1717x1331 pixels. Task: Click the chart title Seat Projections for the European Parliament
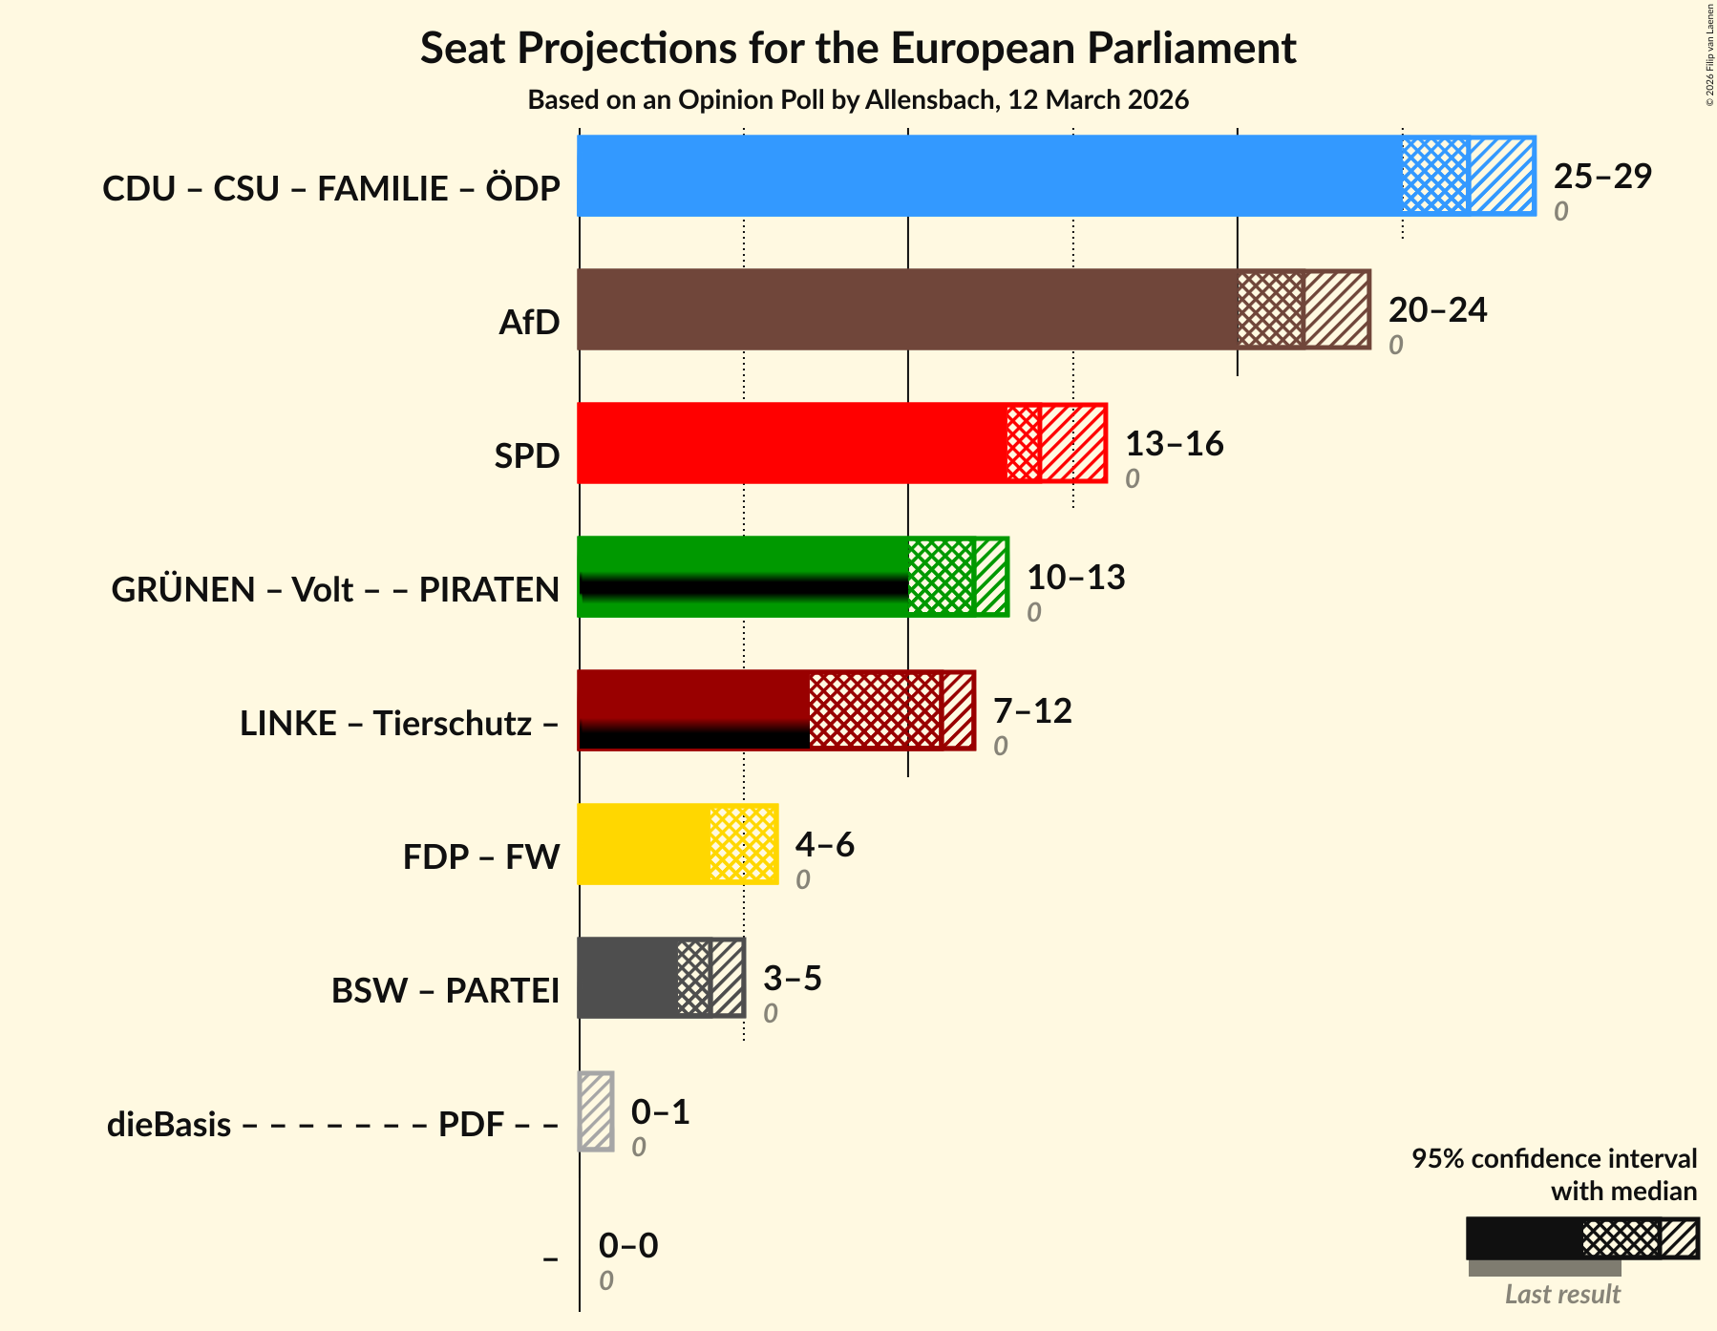(858, 48)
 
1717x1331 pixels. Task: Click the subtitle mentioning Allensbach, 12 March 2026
(858, 100)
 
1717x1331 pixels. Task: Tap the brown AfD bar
(907, 309)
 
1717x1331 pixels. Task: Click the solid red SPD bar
(793, 443)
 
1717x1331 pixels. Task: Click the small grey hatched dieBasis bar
(596, 1111)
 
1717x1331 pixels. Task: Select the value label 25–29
(1602, 176)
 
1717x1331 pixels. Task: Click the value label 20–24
(1437, 309)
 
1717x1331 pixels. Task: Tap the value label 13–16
(1174, 443)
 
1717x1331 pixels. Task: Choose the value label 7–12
(1032, 710)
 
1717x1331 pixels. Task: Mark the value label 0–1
(660, 1111)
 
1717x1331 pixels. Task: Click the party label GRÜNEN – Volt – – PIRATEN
(335, 589)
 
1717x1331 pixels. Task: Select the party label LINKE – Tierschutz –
(399, 723)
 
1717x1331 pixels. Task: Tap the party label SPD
(526, 455)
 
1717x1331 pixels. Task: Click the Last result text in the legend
(1562, 1294)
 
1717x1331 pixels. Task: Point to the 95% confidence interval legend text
(1554, 1174)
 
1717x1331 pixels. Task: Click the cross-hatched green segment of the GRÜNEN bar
(941, 577)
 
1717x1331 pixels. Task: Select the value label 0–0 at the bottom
(627, 1245)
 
